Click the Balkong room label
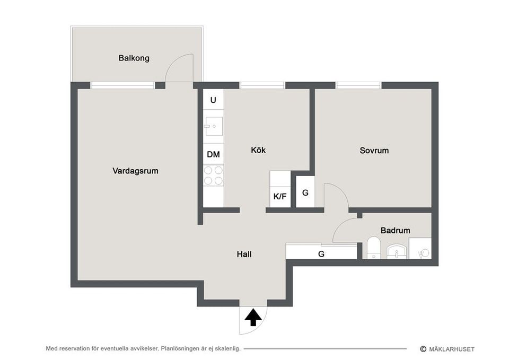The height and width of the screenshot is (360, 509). (134, 58)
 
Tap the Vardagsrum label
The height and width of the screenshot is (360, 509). (135, 171)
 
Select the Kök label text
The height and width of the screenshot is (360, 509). (258, 150)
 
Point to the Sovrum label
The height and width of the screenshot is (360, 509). (374, 150)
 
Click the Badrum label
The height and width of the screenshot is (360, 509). (395, 231)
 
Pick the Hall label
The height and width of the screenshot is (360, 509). (244, 254)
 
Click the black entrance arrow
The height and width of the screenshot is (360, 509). (253, 318)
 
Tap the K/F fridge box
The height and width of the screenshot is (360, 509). (280, 196)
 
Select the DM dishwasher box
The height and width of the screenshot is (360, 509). (213, 154)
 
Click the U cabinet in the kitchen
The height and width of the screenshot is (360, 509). (213, 100)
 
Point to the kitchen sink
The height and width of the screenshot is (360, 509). (214, 126)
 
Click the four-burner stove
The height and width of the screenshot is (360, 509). (213, 175)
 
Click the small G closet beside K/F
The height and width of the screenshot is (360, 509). (305, 192)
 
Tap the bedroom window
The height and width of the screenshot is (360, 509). (358, 85)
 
